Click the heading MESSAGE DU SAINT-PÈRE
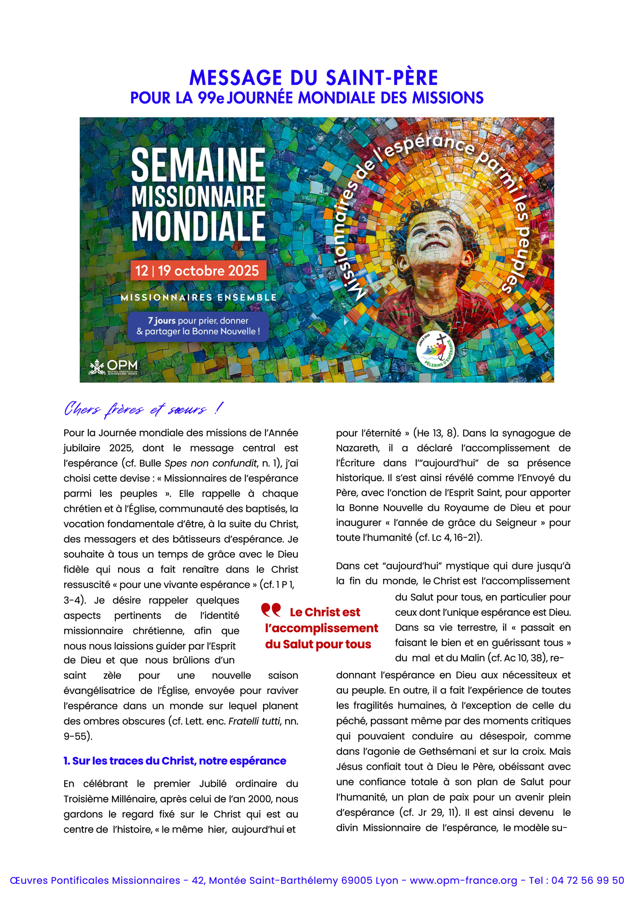click(313, 78)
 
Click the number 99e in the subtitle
click(211, 98)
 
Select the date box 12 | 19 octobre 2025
click(197, 270)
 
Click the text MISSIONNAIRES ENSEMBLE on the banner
click(198, 298)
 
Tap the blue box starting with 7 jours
click(198, 326)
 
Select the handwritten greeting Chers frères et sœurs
click(143, 409)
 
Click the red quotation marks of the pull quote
click(271, 610)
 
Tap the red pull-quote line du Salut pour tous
click(318, 644)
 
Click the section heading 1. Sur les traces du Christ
click(175, 761)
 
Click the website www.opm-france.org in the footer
click(463, 880)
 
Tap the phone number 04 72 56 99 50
click(587, 880)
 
